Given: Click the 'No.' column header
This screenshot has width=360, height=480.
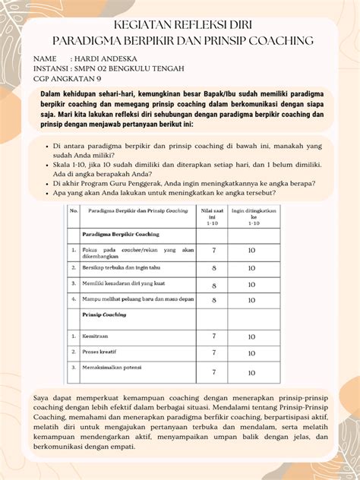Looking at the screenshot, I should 74,212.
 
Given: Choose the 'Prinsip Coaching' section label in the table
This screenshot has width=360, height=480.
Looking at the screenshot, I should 105,314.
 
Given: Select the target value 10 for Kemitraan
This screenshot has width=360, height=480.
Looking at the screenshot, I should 251,336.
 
